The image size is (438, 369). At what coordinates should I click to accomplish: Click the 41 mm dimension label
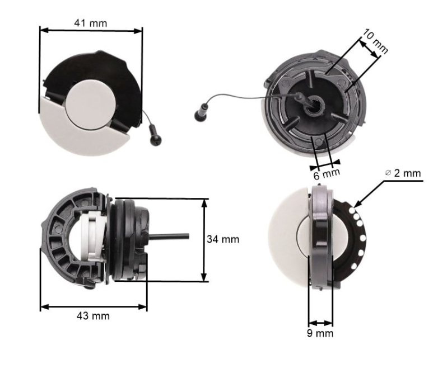coord(90,23)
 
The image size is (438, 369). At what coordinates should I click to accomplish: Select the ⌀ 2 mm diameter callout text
coord(403,173)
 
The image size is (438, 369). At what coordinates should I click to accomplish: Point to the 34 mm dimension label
coord(223,239)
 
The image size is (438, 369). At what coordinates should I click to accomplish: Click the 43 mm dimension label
coord(93,316)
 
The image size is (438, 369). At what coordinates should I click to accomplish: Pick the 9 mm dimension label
coord(321,333)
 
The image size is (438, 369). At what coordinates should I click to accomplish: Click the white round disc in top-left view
coord(91,102)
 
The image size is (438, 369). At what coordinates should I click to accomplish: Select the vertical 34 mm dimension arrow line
coord(204,239)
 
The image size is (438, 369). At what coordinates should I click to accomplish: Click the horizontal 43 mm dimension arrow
coord(93,306)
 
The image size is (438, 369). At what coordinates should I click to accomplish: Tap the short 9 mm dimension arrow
coord(321,323)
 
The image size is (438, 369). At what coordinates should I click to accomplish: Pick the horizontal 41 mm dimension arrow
coord(91,31)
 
